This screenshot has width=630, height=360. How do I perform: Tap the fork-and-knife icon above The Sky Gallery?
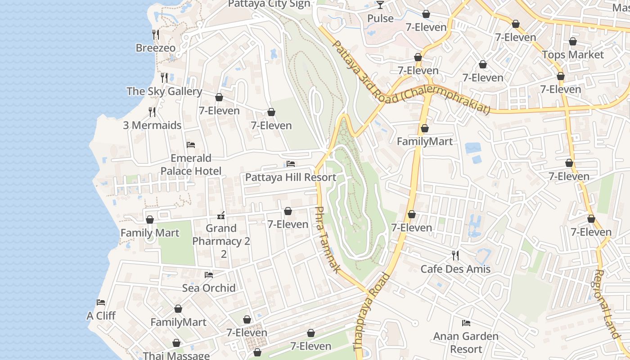pyautogui.click(x=164, y=78)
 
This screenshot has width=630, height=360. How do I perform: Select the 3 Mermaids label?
pyautogui.click(x=152, y=125)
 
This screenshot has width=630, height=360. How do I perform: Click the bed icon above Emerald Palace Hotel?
pyautogui.click(x=191, y=145)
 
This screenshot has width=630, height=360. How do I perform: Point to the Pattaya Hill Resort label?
pyautogui.click(x=290, y=177)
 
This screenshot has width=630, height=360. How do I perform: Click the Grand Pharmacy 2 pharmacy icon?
pyautogui.click(x=221, y=215)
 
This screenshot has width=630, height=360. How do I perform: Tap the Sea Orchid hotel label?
pyautogui.click(x=209, y=288)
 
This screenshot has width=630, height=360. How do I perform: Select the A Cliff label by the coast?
pyautogui.click(x=101, y=315)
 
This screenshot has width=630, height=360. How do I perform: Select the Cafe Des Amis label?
pyautogui.click(x=455, y=269)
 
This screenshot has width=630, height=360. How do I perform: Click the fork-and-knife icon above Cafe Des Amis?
pyautogui.click(x=455, y=256)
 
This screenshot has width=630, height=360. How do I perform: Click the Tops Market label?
pyautogui.click(x=573, y=54)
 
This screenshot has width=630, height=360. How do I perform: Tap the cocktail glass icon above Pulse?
pyautogui.click(x=380, y=5)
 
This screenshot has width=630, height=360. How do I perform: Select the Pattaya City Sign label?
pyautogui.click(x=269, y=4)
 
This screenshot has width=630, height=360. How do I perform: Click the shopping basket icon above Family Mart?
pyautogui.click(x=150, y=220)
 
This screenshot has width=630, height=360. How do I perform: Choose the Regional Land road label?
pyautogui.click(x=607, y=304)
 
